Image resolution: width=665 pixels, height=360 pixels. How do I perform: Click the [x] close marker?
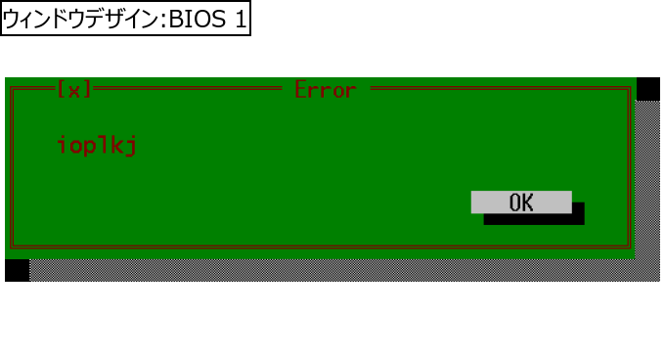74,89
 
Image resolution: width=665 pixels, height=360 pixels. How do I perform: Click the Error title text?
326,90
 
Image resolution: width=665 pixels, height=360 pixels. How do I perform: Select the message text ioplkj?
97,145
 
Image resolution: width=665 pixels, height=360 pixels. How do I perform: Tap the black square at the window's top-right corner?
648,89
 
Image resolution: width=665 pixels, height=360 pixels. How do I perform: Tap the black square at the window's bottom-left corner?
17,270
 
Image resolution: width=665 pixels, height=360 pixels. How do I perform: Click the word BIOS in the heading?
198,20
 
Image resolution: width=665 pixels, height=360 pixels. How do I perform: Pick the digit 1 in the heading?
241,20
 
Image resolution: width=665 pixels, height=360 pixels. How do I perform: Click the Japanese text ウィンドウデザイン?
80,20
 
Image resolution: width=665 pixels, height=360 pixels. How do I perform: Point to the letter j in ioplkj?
131,146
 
